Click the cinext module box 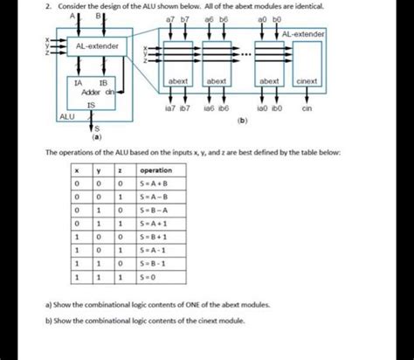tap(307, 80)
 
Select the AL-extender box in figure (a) tap(91, 45)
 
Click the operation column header tap(155, 170)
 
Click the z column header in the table tap(118, 170)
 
